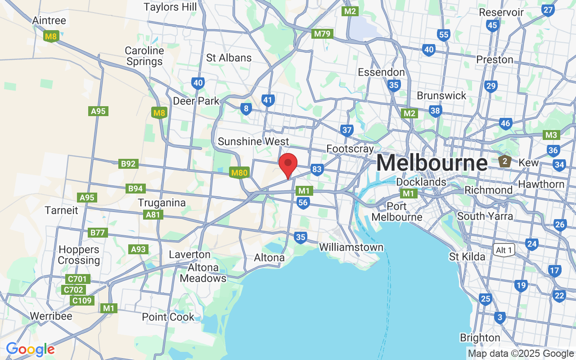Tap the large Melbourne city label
432,163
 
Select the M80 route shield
240,172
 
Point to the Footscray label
350,148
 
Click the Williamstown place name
351,247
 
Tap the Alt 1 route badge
504,250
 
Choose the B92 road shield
128,164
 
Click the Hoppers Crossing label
79,255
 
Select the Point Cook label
168,317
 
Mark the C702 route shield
73,290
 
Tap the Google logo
30,349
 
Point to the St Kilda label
467,256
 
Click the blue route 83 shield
317,169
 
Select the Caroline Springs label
144,56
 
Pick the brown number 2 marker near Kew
505,161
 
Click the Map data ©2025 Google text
521,354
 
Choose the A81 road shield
153,215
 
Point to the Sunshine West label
253,141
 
